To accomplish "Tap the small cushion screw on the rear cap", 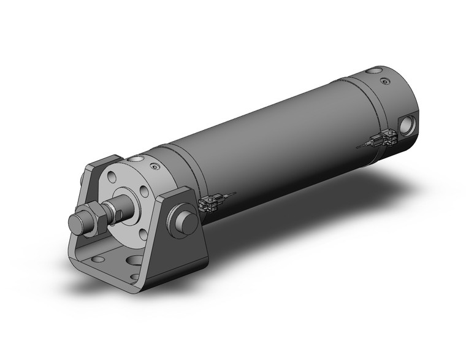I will pos(384,81).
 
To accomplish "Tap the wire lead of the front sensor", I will pos(228,196).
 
